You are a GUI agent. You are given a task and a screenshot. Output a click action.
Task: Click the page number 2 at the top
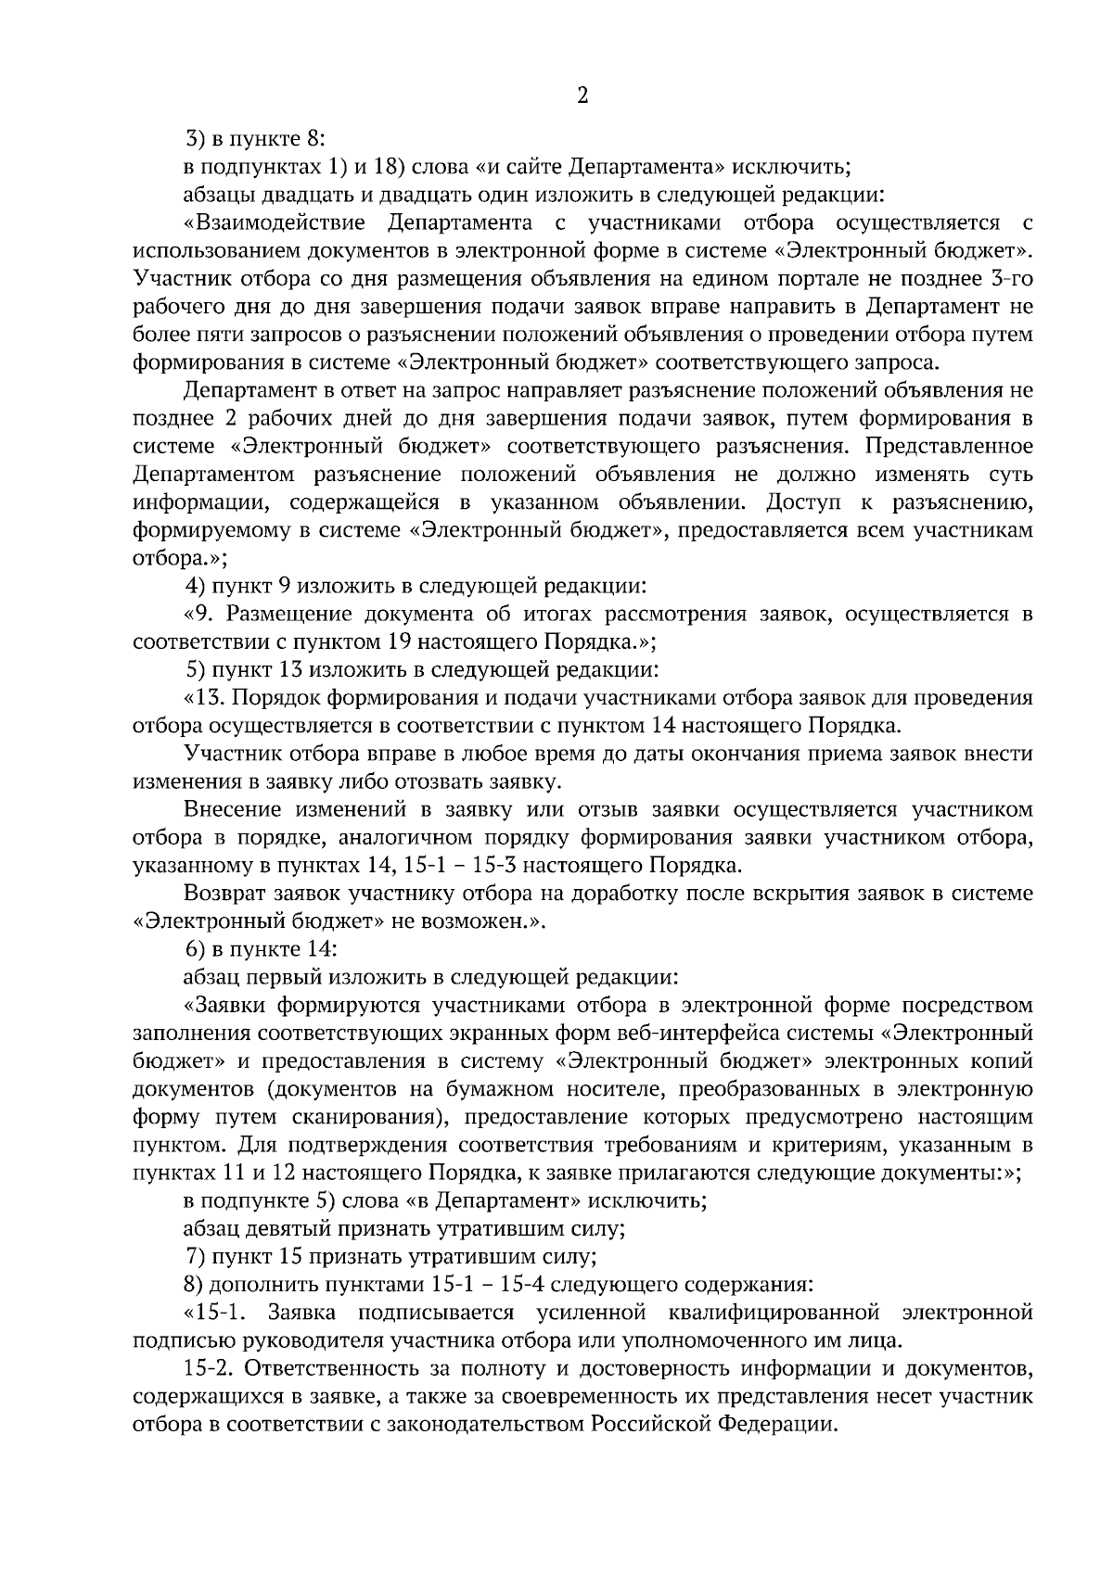coord(582,96)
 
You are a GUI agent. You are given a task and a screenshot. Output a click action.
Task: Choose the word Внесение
coord(234,809)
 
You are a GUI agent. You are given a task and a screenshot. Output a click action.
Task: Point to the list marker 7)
coord(195,1257)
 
